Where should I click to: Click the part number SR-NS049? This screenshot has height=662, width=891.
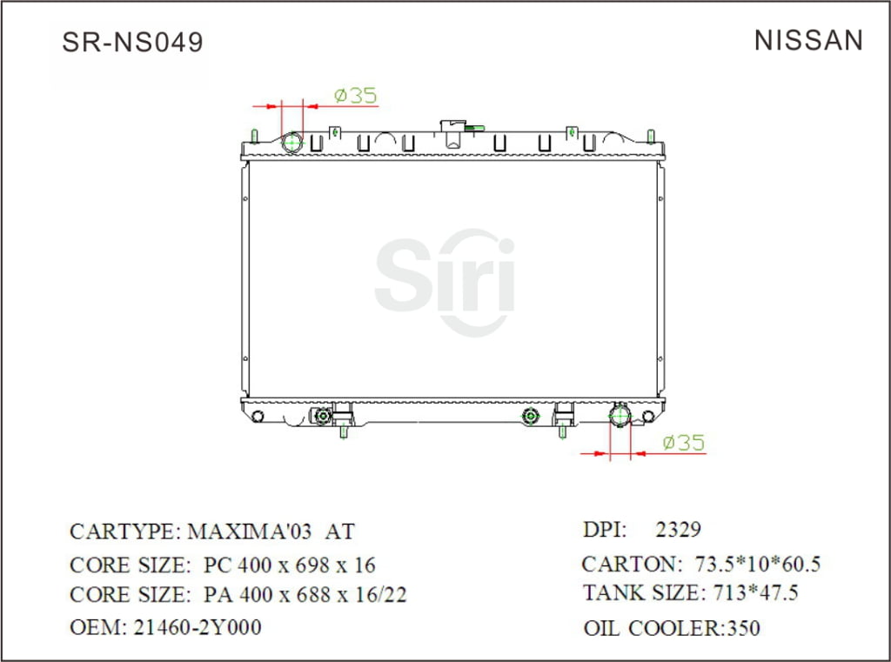(x=132, y=43)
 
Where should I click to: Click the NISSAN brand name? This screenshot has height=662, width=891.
(x=808, y=41)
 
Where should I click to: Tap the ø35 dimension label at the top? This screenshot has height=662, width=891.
(x=355, y=96)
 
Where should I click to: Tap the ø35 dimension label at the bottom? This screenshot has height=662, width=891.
(x=683, y=443)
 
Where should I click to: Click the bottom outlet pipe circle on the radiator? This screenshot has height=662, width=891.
(x=620, y=416)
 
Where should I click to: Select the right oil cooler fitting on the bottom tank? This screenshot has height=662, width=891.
(x=530, y=418)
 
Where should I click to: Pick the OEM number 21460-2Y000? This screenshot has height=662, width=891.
(x=197, y=627)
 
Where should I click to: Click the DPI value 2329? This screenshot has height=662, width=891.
(x=678, y=530)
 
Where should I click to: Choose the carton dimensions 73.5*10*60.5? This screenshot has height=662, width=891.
(x=757, y=565)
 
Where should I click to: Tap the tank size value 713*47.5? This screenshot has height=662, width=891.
(x=753, y=594)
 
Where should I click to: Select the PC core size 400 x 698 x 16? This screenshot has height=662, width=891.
(x=289, y=565)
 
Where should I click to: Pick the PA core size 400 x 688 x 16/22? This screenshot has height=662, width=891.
(x=305, y=596)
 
